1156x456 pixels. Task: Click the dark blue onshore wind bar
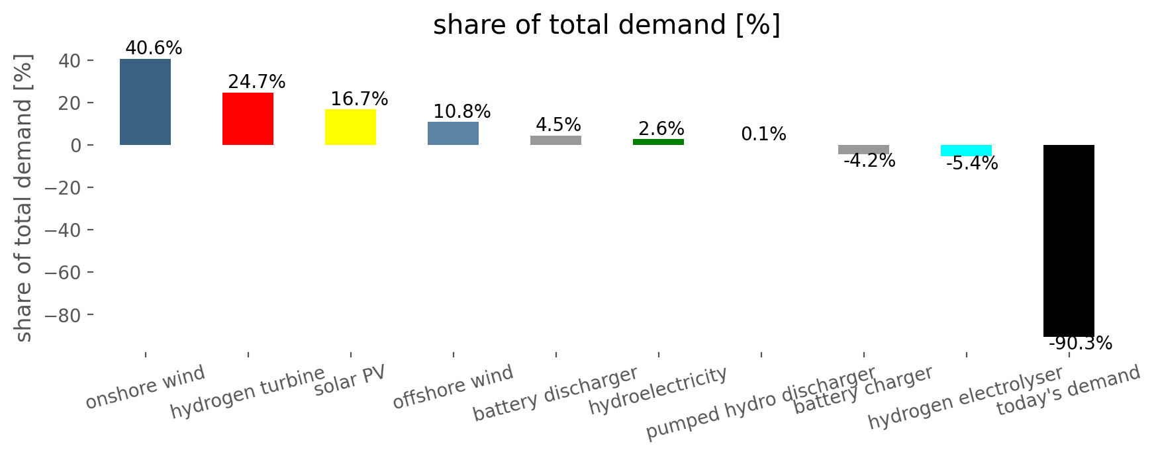[x=145, y=102]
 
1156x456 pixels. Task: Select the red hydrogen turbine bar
[x=248, y=118]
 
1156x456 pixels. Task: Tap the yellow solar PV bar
[x=350, y=127]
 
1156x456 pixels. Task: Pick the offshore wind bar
[x=453, y=133]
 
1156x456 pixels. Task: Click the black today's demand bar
[x=1069, y=241]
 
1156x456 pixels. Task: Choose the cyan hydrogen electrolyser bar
[x=966, y=150]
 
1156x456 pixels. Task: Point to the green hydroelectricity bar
[x=658, y=142]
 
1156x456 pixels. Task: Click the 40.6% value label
[x=154, y=48]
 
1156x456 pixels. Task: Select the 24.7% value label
[x=257, y=82]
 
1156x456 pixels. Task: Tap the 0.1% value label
[x=763, y=134]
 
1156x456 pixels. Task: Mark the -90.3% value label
[x=1081, y=343]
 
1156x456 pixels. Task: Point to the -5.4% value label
[x=972, y=163]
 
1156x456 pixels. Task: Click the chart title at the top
[x=606, y=26]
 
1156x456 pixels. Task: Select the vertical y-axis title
[x=24, y=199]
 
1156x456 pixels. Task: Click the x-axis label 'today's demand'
[x=1069, y=391]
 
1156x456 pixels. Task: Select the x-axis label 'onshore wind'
[x=146, y=388]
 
